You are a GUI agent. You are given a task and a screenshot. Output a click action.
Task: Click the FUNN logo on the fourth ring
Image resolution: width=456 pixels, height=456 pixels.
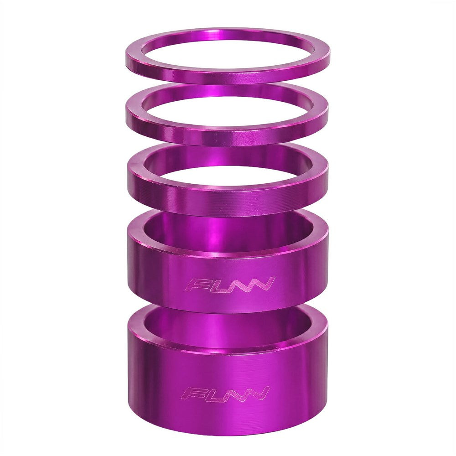230,284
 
